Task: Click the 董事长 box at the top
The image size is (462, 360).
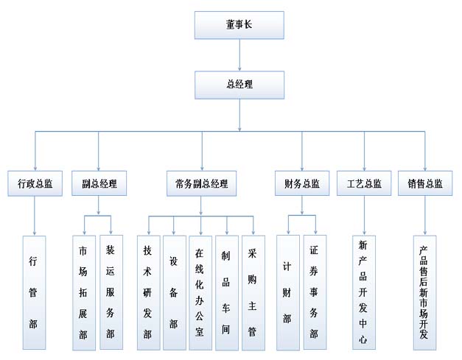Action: click(x=239, y=25)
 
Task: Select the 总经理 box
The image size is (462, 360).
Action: click(x=239, y=85)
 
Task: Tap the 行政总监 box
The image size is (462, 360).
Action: click(x=35, y=183)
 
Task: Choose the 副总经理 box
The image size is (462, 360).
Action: click(x=99, y=183)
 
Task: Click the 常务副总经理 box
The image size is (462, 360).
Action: click(x=201, y=183)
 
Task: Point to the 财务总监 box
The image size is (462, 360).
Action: click(x=301, y=183)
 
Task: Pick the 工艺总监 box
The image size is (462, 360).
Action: click(x=364, y=183)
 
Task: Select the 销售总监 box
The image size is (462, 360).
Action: click(x=424, y=183)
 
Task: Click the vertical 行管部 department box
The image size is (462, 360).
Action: click(x=34, y=292)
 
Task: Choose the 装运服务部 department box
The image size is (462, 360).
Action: click(x=111, y=292)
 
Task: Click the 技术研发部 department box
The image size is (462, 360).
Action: click(x=148, y=292)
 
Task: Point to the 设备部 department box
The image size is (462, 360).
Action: click(x=174, y=292)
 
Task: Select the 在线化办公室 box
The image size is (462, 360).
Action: click(x=200, y=292)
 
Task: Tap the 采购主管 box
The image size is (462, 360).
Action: click(x=253, y=292)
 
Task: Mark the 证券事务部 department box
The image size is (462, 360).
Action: click(x=315, y=292)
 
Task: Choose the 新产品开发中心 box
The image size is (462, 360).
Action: click(x=364, y=292)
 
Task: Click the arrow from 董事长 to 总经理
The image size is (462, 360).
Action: click(x=239, y=54)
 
